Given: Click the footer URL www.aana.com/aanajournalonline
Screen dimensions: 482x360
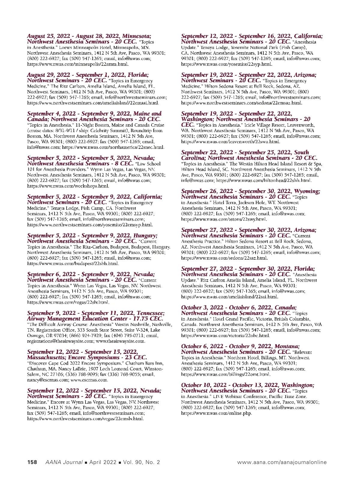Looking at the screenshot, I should pos(282,462).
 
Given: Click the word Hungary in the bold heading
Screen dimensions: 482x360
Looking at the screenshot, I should pos(145,236).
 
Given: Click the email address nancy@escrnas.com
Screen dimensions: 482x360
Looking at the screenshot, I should pos(48,380).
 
